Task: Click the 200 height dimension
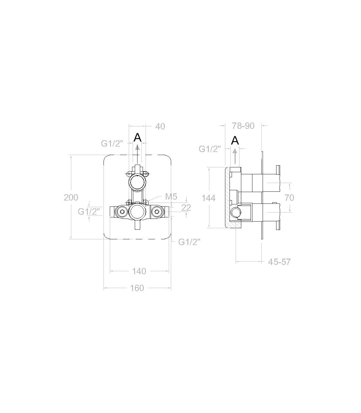pyautogui.click(x=71, y=197)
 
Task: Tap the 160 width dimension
pyautogui.click(x=137, y=288)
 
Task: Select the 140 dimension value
pyautogui.click(x=139, y=271)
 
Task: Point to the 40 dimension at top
pyautogui.click(x=160, y=126)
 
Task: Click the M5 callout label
pyautogui.click(x=171, y=196)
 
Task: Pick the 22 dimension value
pyautogui.click(x=186, y=208)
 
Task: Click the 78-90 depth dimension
pyautogui.click(x=243, y=126)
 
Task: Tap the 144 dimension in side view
pyautogui.click(x=208, y=198)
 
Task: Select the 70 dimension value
pyautogui.click(x=289, y=198)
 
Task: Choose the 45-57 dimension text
pyautogui.click(x=279, y=262)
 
